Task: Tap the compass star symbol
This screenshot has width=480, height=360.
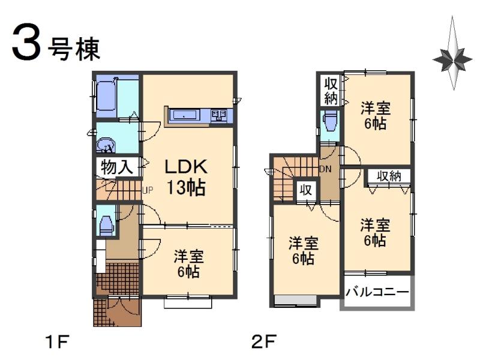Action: (x=452, y=58)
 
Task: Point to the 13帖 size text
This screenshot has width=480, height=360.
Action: (x=186, y=188)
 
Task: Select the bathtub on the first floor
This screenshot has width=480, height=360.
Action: (x=109, y=98)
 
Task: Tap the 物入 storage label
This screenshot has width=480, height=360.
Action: (x=116, y=167)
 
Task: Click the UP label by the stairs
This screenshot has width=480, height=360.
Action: (x=147, y=191)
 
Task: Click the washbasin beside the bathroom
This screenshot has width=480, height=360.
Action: (x=106, y=145)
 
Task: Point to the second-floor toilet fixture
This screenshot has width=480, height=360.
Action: (x=329, y=122)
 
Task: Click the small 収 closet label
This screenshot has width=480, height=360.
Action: (x=305, y=190)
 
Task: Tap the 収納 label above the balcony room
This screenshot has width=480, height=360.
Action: (x=389, y=176)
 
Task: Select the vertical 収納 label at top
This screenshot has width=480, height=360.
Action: (x=331, y=90)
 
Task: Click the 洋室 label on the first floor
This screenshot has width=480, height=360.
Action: (x=189, y=256)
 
